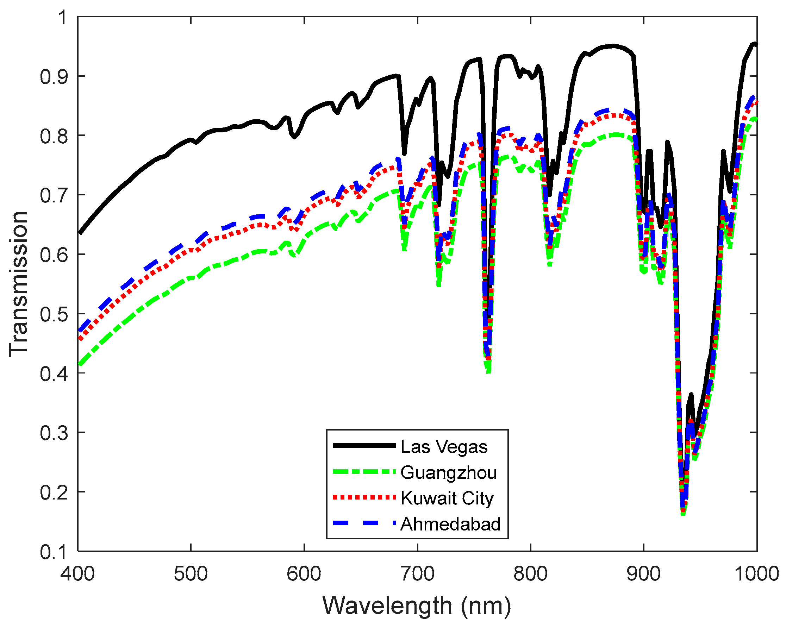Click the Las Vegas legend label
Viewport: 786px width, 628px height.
(444, 447)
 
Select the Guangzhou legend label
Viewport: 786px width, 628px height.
(448, 473)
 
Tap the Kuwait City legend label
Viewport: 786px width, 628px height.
(447, 498)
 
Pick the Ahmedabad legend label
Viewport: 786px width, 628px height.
(450, 524)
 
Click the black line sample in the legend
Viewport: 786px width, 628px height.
(364, 445)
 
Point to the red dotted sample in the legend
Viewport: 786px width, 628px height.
(364, 497)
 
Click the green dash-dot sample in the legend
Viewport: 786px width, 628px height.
(364, 472)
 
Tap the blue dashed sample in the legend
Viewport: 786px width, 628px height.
(364, 523)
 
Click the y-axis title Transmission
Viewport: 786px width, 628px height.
(18, 284)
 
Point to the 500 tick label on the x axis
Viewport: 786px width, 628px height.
(191, 573)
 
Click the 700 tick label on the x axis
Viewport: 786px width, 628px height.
(417, 573)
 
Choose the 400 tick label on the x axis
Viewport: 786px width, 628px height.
(78, 573)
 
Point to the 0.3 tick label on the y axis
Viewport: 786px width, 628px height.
(54, 433)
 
